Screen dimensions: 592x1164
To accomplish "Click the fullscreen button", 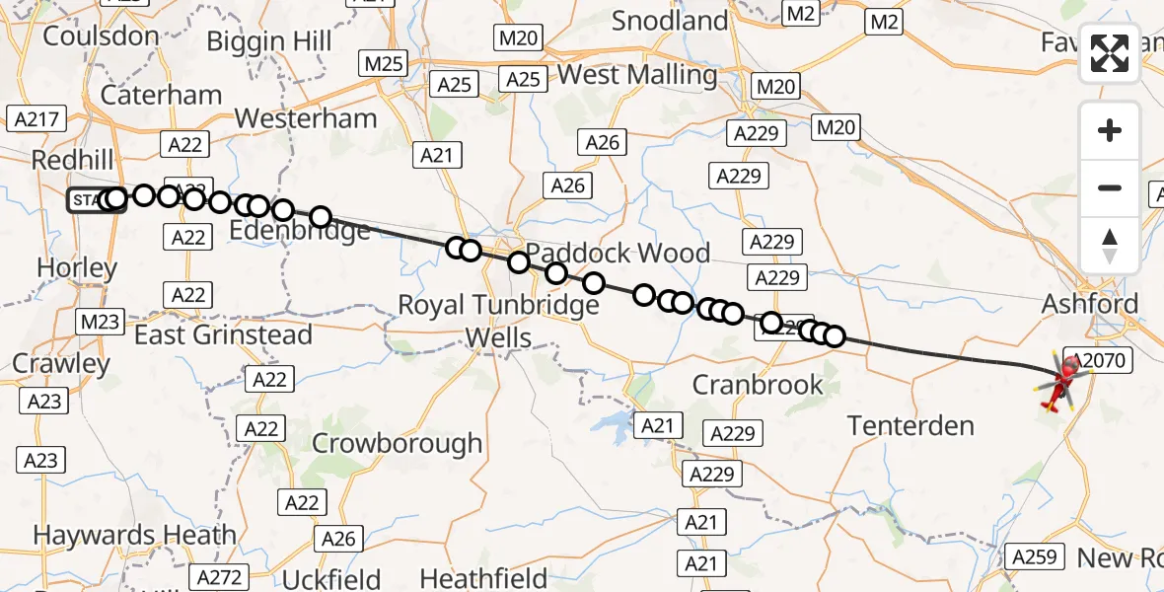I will [1110, 53].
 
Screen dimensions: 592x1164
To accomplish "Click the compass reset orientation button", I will [1110, 245].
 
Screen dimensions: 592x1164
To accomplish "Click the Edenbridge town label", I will [300, 231].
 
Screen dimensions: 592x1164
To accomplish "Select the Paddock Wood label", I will [617, 254].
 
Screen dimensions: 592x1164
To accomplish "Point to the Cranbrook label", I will [758, 384].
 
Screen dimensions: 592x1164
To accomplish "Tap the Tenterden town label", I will [911, 426].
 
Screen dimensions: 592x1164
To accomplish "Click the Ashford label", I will [1090, 304].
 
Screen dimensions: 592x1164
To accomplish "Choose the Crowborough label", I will [398, 444].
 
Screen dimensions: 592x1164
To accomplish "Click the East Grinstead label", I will [223, 335].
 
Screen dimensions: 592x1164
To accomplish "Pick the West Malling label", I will [636, 75].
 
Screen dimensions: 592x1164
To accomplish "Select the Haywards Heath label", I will [135, 536].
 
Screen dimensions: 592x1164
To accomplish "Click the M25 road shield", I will [384, 64].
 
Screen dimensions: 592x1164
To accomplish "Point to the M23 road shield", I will [99, 321].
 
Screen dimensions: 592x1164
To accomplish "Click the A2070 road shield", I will [1098, 361].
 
